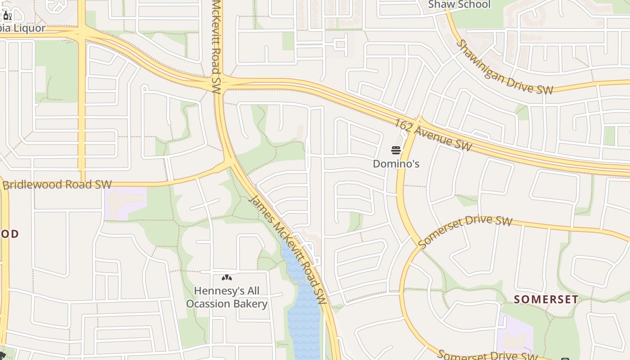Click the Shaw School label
pos(459,4)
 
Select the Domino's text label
pos(396,164)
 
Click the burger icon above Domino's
pos(396,150)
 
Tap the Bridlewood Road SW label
pos(57,184)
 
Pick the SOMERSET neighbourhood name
pos(546,299)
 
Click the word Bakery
pos(250,304)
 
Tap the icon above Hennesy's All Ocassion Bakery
pos(227,278)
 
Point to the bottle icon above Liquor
pos(7,17)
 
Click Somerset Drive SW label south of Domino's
pos(465,231)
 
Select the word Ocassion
pos(207,304)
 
